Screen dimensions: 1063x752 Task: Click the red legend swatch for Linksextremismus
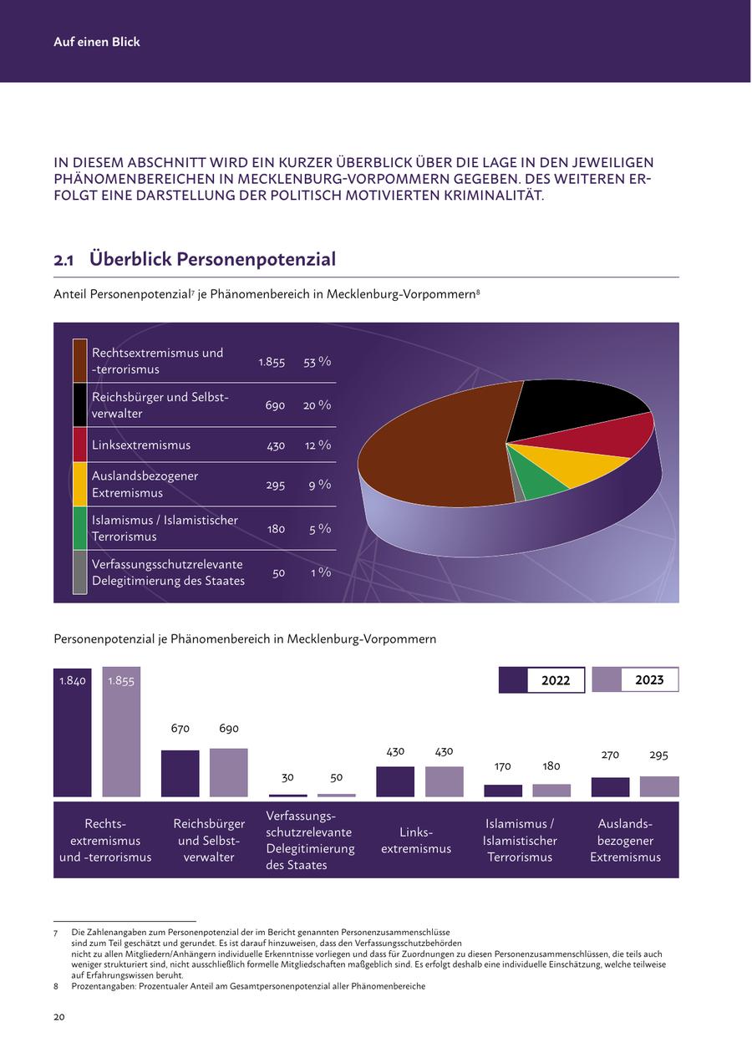[79, 445]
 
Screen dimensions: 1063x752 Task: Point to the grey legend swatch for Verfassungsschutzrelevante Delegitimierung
[79, 572]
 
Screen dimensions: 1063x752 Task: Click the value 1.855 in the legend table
[272, 362]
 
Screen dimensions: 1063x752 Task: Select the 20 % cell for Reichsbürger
[317, 405]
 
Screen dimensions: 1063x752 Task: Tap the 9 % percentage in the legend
[319, 485]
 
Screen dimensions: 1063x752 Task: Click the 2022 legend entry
[541, 680]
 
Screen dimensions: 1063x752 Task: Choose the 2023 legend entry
[635, 680]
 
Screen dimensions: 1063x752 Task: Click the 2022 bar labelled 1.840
[72, 735]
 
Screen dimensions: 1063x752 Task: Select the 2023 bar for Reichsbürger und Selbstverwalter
[228, 772]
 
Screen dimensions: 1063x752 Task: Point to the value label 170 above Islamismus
[502, 766]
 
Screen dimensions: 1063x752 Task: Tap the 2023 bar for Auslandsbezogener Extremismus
[659, 786]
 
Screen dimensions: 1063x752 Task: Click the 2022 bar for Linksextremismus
[395, 781]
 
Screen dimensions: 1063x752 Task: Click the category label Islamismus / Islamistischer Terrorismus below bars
[520, 840]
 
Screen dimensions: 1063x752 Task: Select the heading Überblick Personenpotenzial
[212, 259]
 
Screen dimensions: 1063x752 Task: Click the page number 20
[59, 1017]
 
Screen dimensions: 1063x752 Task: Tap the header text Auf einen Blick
[97, 42]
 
